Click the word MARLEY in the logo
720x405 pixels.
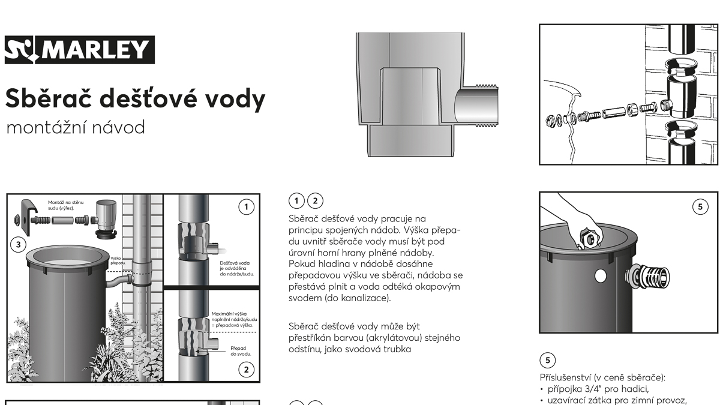(95, 50)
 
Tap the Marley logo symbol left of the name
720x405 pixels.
(20, 50)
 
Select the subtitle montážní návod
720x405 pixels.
(76, 128)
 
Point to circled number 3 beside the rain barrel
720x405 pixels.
(19, 245)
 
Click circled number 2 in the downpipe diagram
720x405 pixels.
(246, 370)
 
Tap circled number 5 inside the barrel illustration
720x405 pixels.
(700, 206)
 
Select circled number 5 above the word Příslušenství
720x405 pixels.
(548, 361)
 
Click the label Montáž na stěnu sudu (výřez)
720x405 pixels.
(65, 205)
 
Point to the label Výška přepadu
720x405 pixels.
(116, 260)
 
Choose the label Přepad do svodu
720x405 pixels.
(241, 351)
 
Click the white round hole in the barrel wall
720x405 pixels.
(601, 276)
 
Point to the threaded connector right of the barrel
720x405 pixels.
(647, 276)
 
